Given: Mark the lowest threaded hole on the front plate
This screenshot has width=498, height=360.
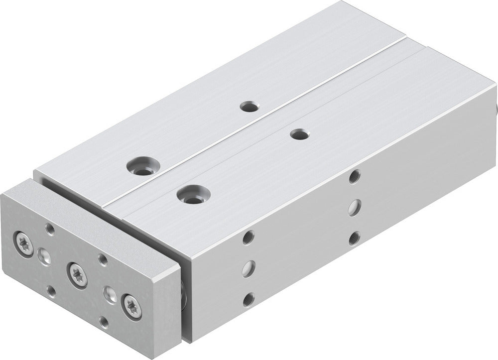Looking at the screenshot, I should pyautogui.click(x=104, y=321).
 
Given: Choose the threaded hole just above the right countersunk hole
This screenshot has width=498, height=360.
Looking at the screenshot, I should pyautogui.click(x=102, y=258).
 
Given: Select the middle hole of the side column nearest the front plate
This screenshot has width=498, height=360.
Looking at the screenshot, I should pyautogui.click(x=248, y=267).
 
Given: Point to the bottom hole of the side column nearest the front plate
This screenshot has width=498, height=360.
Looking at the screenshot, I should pyautogui.click(x=248, y=299).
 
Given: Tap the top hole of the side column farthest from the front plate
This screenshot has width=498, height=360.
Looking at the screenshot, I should pyautogui.click(x=354, y=176).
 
